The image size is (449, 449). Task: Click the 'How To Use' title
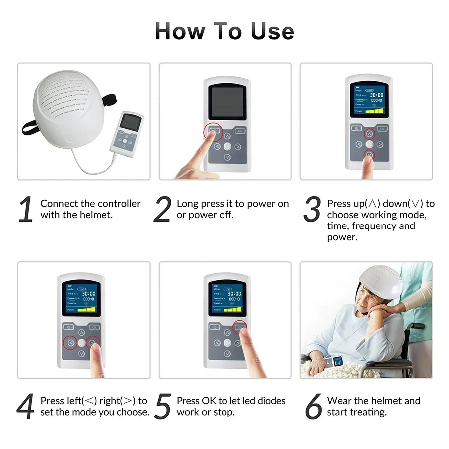(224, 31)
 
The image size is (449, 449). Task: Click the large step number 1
(26, 210)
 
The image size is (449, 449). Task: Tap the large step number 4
(26, 407)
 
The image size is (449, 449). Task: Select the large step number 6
(313, 407)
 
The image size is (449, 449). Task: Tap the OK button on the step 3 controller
(382, 128)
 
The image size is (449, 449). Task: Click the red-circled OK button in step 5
(240, 327)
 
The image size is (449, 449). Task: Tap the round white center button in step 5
(228, 343)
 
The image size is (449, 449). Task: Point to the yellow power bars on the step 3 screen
(374, 111)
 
